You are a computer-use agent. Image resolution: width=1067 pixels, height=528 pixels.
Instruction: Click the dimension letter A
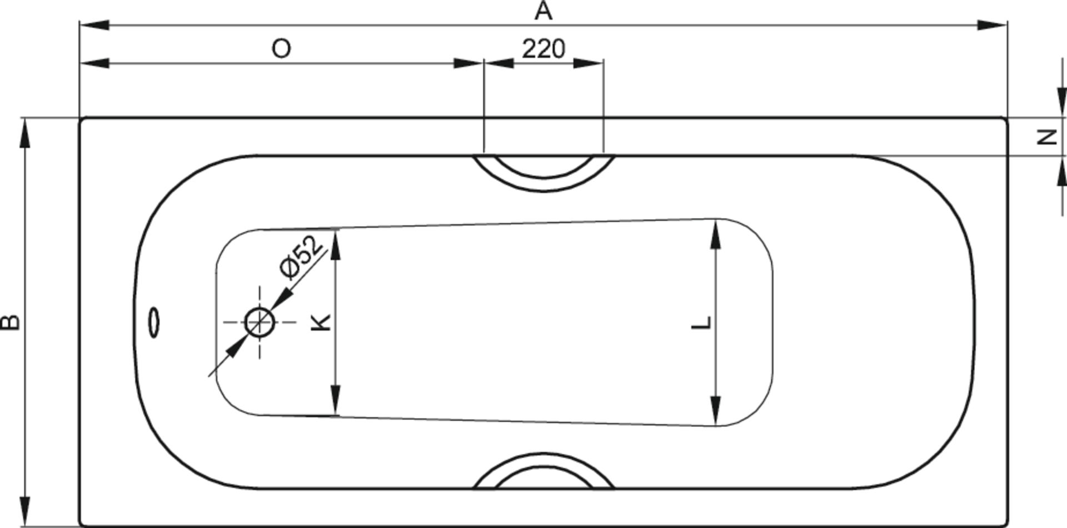544,11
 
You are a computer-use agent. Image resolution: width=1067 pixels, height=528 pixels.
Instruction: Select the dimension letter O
281,49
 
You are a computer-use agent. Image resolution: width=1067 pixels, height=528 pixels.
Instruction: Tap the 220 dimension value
544,49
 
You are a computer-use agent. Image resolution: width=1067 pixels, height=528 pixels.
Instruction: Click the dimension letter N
1048,137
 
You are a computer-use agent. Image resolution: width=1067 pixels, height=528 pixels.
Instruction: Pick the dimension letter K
321,322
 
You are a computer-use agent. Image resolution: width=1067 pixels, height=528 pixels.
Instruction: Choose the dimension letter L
702,322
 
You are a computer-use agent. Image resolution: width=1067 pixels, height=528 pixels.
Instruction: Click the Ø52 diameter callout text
301,256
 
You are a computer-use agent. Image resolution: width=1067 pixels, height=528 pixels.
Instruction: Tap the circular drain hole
260,322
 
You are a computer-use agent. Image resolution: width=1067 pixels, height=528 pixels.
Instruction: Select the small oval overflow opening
153,322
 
